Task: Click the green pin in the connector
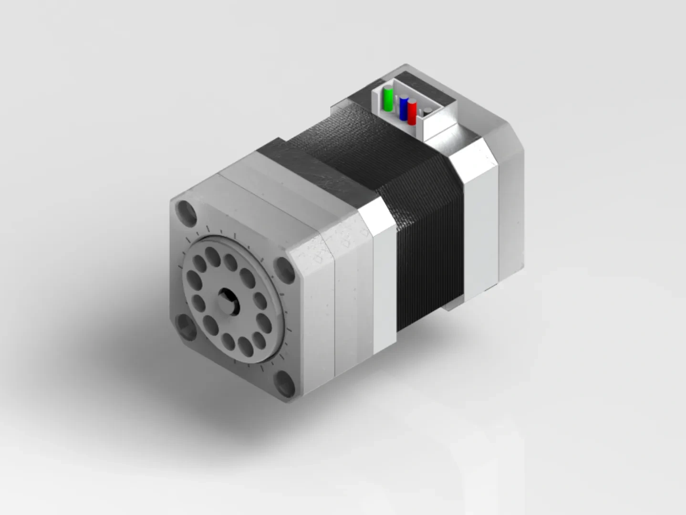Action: pos(389,99)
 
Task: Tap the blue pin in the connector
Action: pos(404,108)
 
